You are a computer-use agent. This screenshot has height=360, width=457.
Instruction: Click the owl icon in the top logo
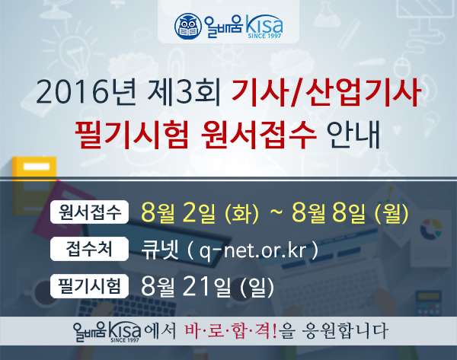(x=186, y=26)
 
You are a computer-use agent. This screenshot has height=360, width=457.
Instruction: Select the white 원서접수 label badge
(x=89, y=212)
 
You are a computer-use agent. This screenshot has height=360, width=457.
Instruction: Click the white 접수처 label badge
(x=89, y=249)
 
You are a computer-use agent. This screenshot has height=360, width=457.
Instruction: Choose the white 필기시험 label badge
(x=89, y=285)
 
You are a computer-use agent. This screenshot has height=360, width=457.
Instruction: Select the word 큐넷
(x=158, y=249)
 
